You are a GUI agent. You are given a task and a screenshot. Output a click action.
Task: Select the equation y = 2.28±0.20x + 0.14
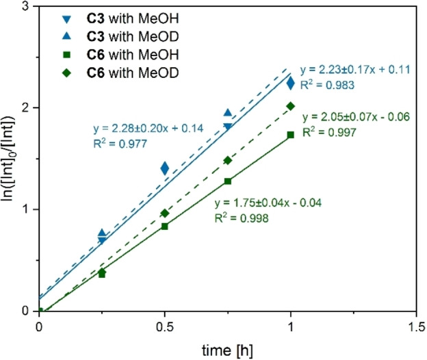[149, 129]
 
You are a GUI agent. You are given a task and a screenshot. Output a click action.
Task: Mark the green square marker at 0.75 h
[228, 181]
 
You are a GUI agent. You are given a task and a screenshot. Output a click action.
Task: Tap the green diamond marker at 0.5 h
[164, 214]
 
